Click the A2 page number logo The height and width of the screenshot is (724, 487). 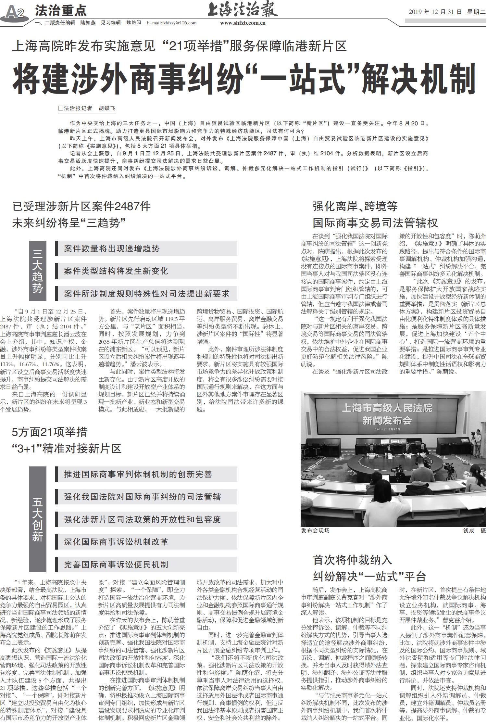pyautogui.click(x=15, y=12)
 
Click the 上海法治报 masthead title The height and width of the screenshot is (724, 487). pyautogui.click(x=243, y=9)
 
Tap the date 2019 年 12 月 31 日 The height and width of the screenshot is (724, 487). pyautogui.click(x=435, y=12)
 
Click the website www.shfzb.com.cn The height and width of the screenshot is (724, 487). pyautogui.click(x=243, y=23)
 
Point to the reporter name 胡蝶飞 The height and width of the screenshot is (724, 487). pyautogui.click(x=107, y=108)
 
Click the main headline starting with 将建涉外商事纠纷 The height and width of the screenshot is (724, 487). pyautogui.click(x=243, y=79)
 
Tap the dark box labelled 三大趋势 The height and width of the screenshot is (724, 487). pyautogui.click(x=37, y=271)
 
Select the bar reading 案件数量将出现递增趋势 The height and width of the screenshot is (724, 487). pyautogui.click(x=146, y=248)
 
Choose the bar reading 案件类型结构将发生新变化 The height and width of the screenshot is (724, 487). pyautogui.click(x=146, y=271)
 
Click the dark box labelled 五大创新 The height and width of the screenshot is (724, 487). pyautogui.click(x=37, y=519)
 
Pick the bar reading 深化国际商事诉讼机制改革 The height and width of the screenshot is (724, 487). pyautogui.click(x=146, y=542)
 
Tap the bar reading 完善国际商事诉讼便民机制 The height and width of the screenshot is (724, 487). pyautogui.click(x=146, y=564)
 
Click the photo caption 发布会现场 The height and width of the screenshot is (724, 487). pyautogui.click(x=315, y=530)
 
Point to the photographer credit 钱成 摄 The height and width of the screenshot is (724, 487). pyautogui.click(x=474, y=530)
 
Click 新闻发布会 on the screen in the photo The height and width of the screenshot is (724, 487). pyautogui.click(x=387, y=421)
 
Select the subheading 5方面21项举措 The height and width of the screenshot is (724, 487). pyautogui.click(x=50, y=432)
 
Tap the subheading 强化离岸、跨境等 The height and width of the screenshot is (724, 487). pyautogui.click(x=355, y=206)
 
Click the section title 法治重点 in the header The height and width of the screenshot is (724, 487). pyautogui.click(x=61, y=11)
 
